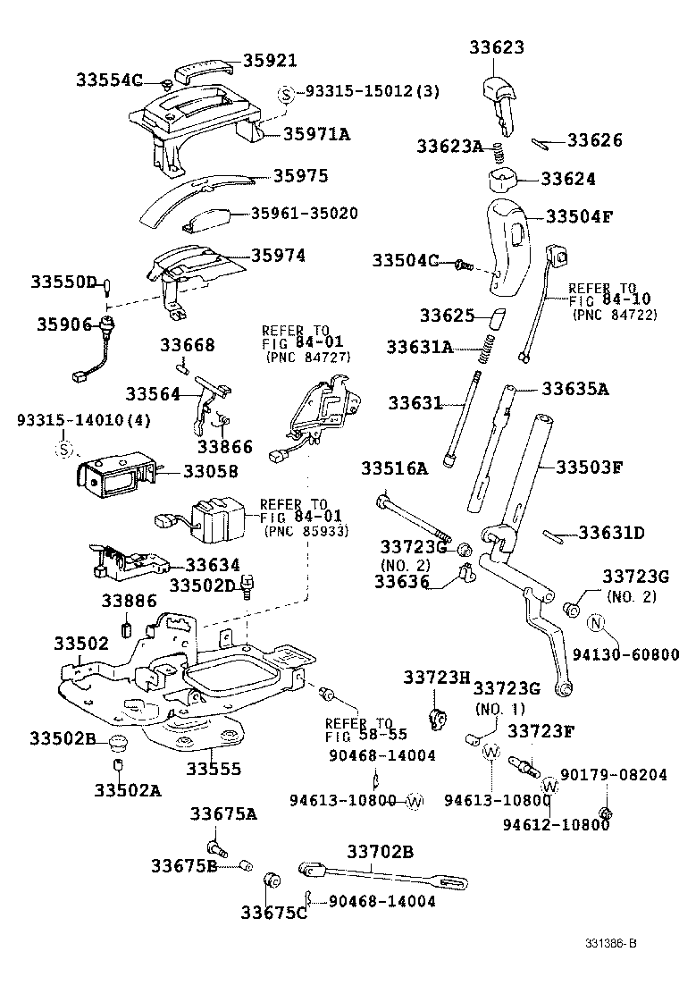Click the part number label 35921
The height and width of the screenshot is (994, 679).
[271, 61]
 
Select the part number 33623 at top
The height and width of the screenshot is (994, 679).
[498, 47]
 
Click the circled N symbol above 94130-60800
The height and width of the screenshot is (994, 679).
[598, 623]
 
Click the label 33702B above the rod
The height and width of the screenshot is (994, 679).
[380, 853]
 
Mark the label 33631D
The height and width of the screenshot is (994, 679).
[611, 534]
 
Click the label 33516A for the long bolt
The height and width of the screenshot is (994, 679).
[394, 468]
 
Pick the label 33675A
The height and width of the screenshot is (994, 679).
[223, 813]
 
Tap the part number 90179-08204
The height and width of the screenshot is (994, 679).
[613, 775]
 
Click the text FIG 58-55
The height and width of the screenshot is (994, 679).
[365, 735]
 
